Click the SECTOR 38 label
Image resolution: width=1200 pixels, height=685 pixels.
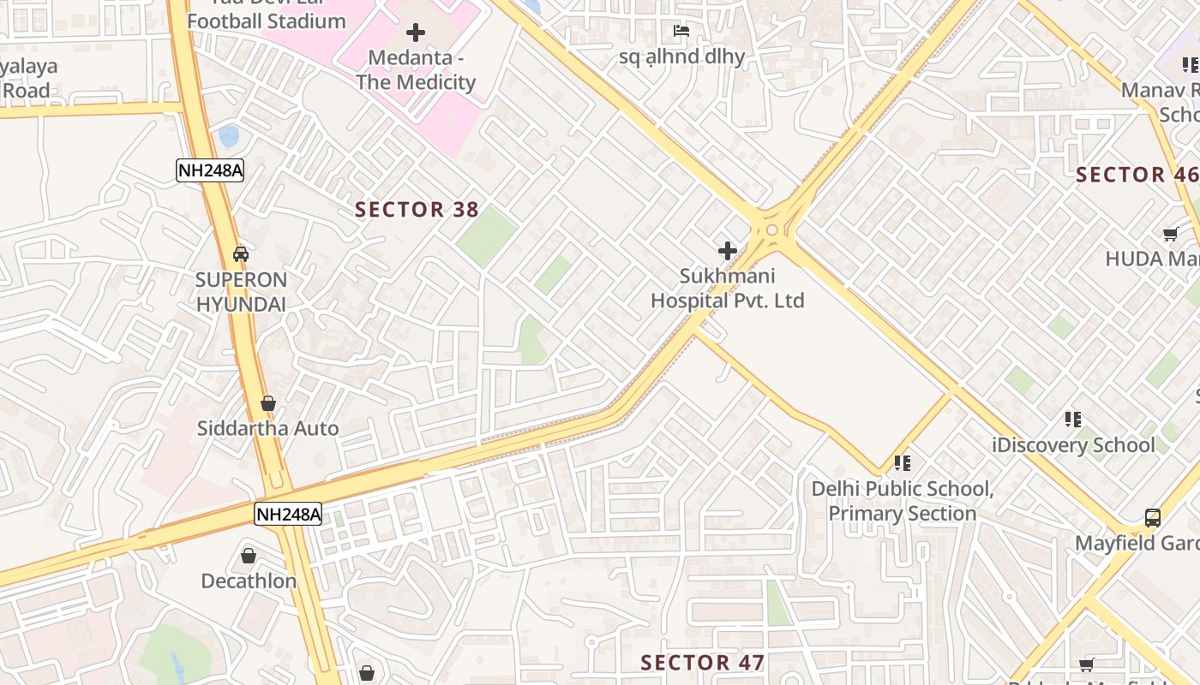pos(417,210)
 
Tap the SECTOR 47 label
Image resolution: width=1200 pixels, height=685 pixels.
pos(702,663)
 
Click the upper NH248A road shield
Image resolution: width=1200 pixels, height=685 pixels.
pos(210,170)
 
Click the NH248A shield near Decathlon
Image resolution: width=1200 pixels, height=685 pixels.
pos(288,515)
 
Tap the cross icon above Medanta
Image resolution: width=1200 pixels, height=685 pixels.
pos(416,33)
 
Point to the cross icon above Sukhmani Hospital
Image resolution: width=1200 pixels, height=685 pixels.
pos(727,251)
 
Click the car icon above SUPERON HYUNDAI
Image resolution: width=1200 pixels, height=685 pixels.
pos(241,254)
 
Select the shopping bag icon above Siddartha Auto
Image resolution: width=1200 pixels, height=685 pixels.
pos(268,403)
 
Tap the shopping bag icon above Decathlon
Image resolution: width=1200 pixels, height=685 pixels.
pos(249,556)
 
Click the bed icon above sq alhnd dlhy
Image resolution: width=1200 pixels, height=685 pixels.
pos(681,32)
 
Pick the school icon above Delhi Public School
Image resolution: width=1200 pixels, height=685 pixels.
pos(902,463)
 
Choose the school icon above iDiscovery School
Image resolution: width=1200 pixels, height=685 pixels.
pos(1072,420)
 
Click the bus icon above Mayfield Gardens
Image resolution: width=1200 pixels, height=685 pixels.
pos(1153,518)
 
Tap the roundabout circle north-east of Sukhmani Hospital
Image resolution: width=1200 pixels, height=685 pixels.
pos(771,229)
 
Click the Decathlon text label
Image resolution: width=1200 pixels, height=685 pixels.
pos(249,581)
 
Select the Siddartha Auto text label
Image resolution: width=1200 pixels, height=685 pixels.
pos(267,429)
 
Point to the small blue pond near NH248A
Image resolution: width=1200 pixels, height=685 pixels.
pos(229,135)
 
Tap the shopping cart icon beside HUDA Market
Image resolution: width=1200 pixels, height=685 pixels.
pos(1170,234)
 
